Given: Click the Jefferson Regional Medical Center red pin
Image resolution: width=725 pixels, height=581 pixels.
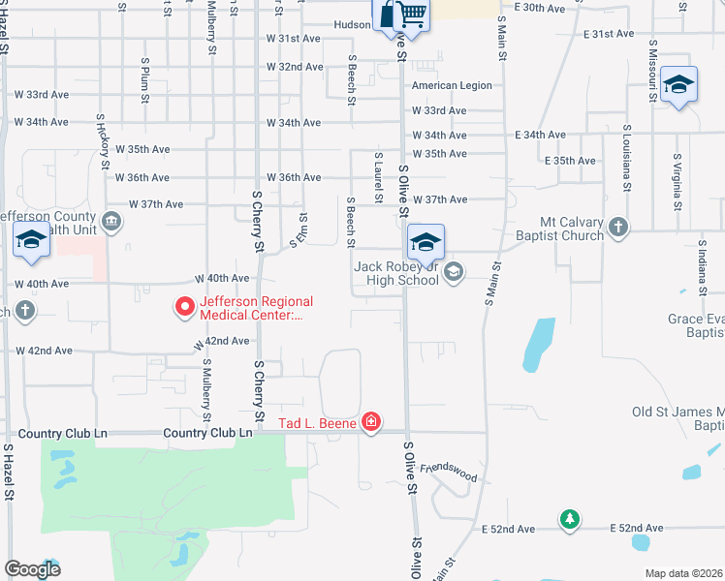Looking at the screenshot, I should pos(184,307).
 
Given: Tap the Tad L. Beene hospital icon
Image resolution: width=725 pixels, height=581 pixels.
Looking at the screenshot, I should pos(370,422).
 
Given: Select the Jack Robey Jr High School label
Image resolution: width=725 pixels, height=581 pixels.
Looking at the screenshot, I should pos(396,273).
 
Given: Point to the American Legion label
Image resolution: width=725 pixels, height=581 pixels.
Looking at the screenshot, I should pos(452,85).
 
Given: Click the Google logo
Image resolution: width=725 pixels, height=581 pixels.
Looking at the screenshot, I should pos(31,569).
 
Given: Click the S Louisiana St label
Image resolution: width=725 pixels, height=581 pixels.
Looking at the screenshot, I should pos(627,157).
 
